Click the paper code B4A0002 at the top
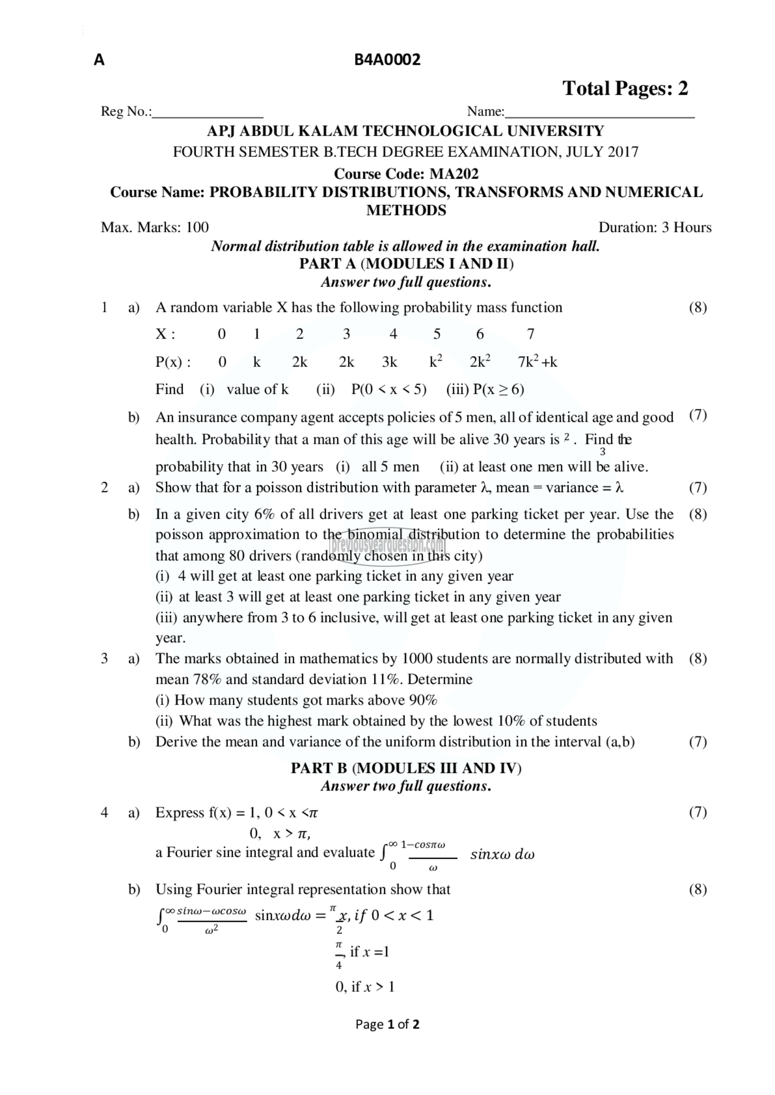(387, 60)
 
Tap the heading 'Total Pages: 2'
(625, 88)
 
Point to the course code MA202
(454, 173)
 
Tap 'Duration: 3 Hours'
(655, 228)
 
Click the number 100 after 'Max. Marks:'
(197, 228)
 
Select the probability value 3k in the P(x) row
(389, 362)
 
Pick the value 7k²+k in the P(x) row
(537, 362)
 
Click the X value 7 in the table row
(530, 334)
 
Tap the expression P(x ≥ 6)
(498, 390)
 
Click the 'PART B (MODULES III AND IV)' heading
(406, 768)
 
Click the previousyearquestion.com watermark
(387, 544)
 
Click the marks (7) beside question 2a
(697, 487)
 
